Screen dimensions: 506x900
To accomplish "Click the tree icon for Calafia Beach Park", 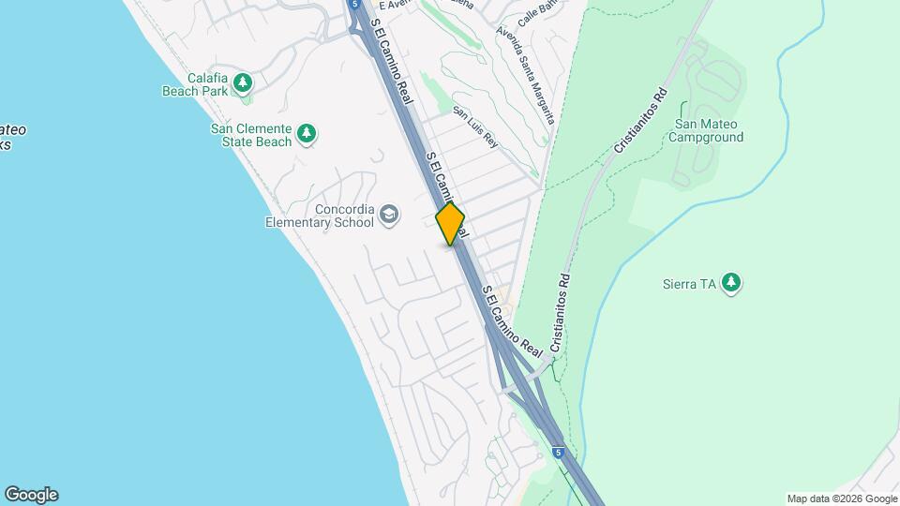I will (x=243, y=83).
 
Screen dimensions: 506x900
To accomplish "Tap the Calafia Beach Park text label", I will (x=196, y=84).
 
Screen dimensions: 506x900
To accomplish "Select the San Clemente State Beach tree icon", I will (x=306, y=135).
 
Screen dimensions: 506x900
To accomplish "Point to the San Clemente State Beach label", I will (x=250, y=135).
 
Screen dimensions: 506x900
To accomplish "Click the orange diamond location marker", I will (x=451, y=224).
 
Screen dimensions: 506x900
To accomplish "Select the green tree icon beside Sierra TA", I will (x=731, y=283).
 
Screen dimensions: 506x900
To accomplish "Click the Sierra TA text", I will (x=695, y=284).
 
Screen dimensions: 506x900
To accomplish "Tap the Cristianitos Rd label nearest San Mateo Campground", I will (x=640, y=123).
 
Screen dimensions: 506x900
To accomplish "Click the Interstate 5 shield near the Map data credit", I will (x=558, y=452).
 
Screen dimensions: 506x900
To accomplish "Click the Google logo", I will (x=31, y=495).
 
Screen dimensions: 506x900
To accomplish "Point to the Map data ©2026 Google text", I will (x=842, y=499).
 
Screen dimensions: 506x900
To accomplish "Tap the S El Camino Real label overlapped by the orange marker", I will (x=446, y=193).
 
